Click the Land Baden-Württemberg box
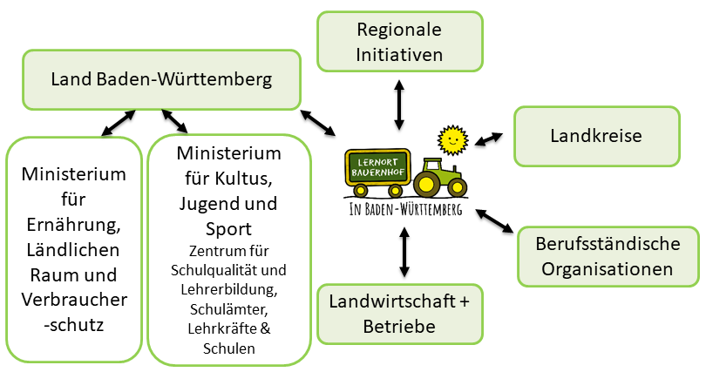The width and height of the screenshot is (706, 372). click(x=161, y=79)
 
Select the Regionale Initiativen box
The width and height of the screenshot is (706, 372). click(x=399, y=42)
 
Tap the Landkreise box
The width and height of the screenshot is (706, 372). click(x=596, y=136)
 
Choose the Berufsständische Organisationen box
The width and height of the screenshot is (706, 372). click(x=608, y=257)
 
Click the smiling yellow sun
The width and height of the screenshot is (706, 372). click(x=451, y=139)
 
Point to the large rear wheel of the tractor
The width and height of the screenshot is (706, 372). click(x=428, y=183)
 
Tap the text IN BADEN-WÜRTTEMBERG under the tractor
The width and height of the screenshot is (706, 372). click(x=405, y=210)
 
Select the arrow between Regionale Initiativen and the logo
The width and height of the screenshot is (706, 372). click(x=399, y=104)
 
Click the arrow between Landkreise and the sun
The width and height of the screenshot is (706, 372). click(x=489, y=139)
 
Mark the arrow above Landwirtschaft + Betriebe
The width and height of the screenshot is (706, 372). click(x=404, y=252)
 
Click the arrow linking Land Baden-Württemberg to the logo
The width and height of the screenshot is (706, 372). click(x=317, y=123)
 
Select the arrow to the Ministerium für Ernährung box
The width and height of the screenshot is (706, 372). click(x=118, y=123)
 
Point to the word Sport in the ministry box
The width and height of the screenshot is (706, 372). click(x=228, y=230)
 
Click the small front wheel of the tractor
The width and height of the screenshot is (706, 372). click(x=456, y=187)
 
